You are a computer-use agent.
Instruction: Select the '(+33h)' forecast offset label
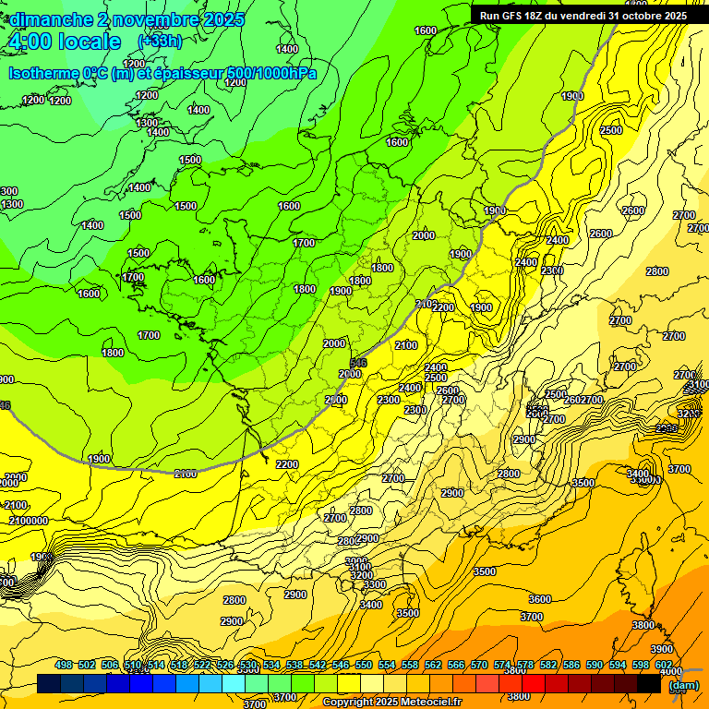click(160, 42)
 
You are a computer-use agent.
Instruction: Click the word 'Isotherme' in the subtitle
click(44, 73)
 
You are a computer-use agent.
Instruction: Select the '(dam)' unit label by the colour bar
click(683, 685)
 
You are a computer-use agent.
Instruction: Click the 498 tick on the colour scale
click(64, 665)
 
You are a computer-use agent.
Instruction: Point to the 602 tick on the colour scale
click(664, 665)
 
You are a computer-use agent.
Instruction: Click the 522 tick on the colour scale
click(202, 665)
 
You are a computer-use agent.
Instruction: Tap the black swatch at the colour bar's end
click(649, 684)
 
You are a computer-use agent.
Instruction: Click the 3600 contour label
click(540, 599)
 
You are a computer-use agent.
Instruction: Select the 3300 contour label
click(374, 584)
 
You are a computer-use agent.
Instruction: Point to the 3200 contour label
click(362, 575)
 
